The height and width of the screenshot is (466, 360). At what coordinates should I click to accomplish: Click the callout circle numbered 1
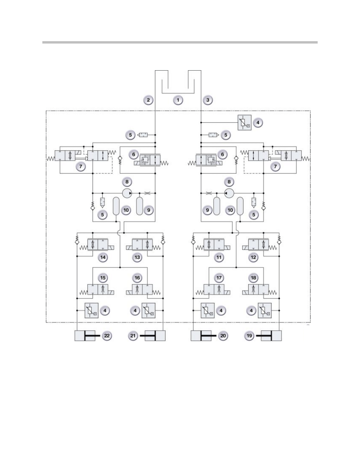(x=178, y=100)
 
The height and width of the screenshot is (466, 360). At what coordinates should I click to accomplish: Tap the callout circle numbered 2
(x=148, y=100)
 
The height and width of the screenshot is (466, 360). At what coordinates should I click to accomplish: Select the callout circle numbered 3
(x=207, y=100)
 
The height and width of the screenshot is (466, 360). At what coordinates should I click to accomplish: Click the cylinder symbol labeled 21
(x=153, y=335)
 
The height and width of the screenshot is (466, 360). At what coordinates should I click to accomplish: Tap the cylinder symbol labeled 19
(x=269, y=335)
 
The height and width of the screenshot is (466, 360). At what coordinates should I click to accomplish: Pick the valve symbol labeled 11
(x=213, y=245)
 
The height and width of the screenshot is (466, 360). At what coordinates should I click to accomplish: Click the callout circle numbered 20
(x=223, y=336)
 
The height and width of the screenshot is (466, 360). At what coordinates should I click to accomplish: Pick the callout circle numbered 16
(x=137, y=278)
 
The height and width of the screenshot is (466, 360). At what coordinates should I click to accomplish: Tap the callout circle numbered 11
(x=219, y=257)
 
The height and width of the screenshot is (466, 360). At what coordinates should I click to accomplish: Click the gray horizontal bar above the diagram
(x=180, y=42)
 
